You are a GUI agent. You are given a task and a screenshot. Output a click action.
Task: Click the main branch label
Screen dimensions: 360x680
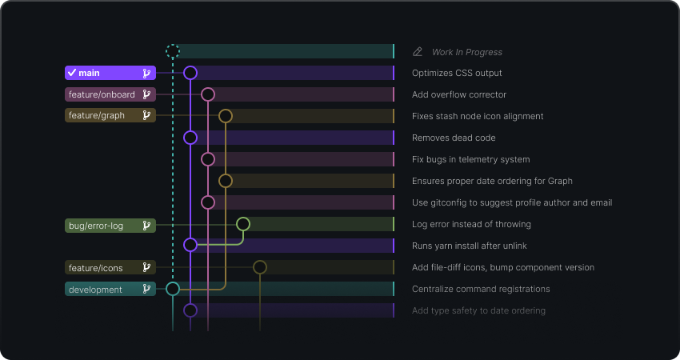point(110,73)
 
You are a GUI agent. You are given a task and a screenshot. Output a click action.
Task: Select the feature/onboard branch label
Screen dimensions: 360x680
point(110,94)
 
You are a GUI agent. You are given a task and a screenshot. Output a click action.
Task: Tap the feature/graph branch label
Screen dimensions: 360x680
point(110,116)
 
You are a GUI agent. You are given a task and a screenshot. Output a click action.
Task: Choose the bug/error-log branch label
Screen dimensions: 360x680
point(110,226)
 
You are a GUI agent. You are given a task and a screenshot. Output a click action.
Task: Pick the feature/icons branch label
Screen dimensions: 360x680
point(110,267)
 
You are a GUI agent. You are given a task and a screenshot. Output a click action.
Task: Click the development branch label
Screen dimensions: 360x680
point(110,289)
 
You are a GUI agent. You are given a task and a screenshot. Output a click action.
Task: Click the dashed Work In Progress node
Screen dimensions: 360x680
point(173,51)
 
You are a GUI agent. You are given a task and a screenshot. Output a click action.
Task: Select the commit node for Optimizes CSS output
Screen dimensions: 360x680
point(190,73)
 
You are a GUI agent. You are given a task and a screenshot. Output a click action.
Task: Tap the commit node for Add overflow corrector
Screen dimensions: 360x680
point(208,94)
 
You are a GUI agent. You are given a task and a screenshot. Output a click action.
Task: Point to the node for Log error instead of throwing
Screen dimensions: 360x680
point(243,224)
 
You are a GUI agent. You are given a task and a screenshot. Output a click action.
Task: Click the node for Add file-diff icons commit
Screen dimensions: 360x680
point(260,267)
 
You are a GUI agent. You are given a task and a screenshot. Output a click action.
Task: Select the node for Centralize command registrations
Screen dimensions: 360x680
point(173,289)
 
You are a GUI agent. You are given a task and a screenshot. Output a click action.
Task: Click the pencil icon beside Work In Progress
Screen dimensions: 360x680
point(417,52)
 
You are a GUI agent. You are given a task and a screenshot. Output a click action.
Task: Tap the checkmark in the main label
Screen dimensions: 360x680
point(72,73)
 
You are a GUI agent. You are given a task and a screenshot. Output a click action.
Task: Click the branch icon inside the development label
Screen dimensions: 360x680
point(146,289)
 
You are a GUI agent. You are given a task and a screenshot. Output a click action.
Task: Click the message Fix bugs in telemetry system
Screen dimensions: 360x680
point(470,159)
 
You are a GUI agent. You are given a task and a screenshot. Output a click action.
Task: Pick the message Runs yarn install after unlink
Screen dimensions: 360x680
point(469,246)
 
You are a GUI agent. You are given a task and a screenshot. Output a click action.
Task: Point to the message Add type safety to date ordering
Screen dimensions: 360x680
point(478,310)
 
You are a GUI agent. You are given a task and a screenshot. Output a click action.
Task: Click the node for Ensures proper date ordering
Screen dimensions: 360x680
point(226,181)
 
